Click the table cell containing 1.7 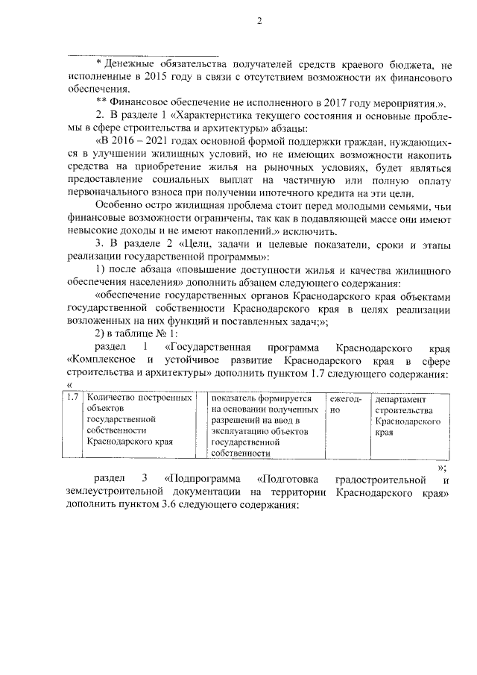[72, 399]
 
